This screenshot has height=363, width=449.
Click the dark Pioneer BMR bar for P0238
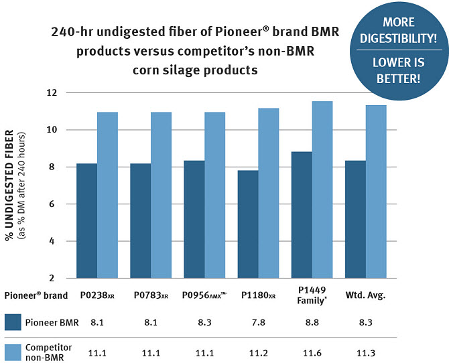pyautogui.click(x=87, y=220)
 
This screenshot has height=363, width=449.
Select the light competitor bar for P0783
pyautogui.click(x=161, y=195)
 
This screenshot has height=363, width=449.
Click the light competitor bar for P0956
pyautogui.click(x=215, y=195)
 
